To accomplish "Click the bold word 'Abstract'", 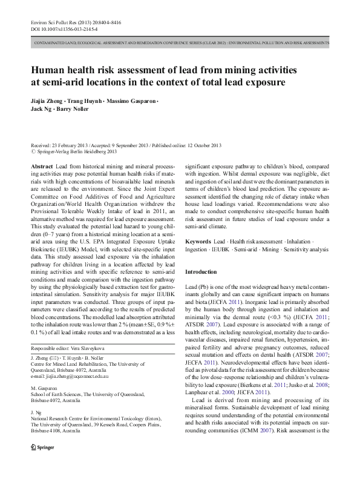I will (41, 166).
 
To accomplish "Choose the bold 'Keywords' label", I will (198, 241).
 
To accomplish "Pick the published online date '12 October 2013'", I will (203, 146).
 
